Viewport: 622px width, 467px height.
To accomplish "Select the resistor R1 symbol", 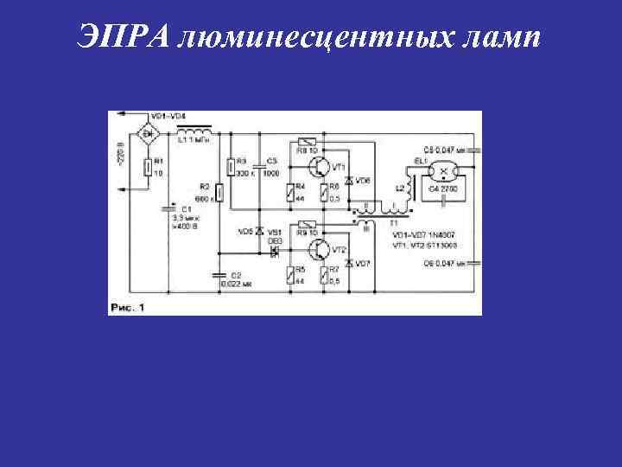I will click(x=149, y=165).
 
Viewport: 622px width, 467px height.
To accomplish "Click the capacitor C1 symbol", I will click(x=168, y=209).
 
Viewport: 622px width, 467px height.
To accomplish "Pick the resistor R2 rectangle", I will click(x=219, y=192).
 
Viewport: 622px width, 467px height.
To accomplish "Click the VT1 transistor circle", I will click(x=321, y=162).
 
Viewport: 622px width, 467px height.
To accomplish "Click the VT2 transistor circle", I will click(x=321, y=251).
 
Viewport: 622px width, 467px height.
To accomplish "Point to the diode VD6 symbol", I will click(x=348, y=181).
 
